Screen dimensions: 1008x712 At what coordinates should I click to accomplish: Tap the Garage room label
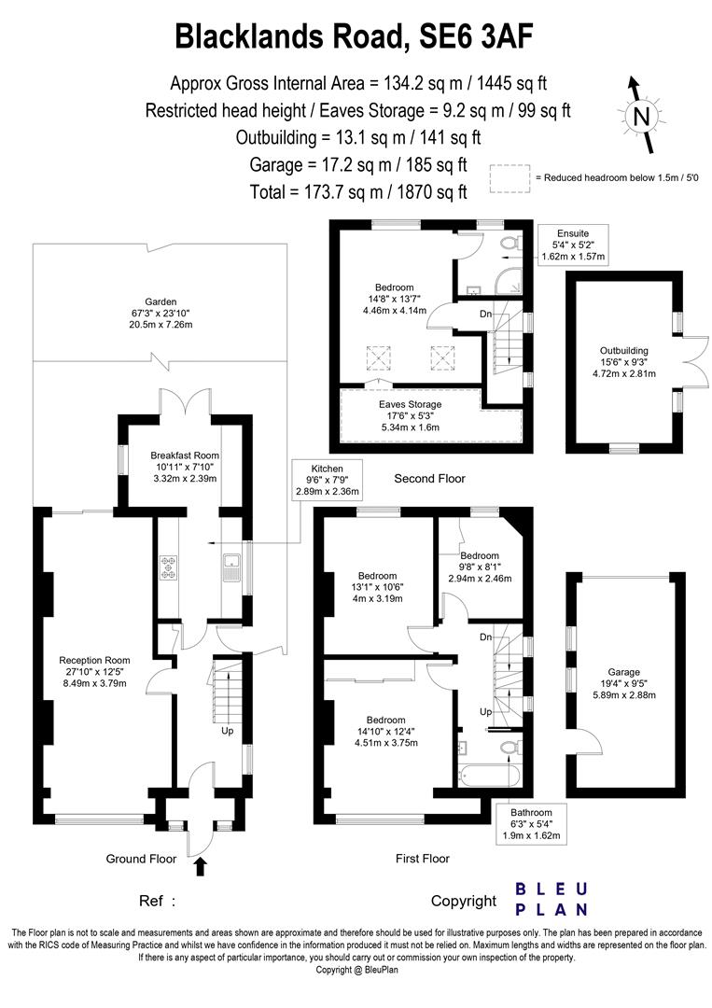[x=623, y=683]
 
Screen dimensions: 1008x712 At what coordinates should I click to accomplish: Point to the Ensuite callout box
[x=573, y=244]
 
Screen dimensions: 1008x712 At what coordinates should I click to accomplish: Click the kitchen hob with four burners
[x=170, y=567]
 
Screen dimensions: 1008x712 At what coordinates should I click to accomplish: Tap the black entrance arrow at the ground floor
[x=199, y=867]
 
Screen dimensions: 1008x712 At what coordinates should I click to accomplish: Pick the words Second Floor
[x=429, y=479]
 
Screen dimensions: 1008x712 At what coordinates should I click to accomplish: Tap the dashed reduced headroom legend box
[x=509, y=177]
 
